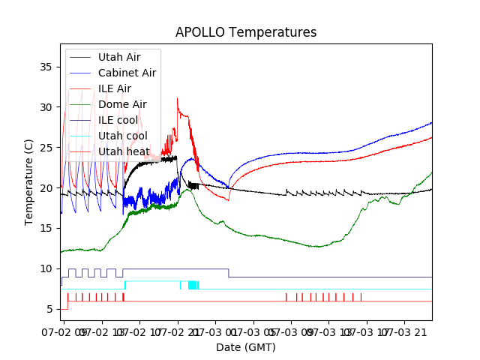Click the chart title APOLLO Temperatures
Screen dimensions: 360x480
click(246, 32)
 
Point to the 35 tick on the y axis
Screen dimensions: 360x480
click(47, 67)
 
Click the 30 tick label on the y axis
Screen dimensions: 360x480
click(47, 107)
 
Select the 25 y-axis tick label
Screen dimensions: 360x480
click(47, 148)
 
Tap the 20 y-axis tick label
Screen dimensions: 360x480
click(47, 188)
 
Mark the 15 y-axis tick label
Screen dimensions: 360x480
click(47, 229)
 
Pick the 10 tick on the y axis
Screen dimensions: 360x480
click(47, 268)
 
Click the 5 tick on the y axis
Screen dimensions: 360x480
click(50, 309)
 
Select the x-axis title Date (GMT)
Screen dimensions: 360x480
click(246, 347)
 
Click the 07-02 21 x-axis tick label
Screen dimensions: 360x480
click(177, 331)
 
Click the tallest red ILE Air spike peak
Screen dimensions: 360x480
click(177, 98)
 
